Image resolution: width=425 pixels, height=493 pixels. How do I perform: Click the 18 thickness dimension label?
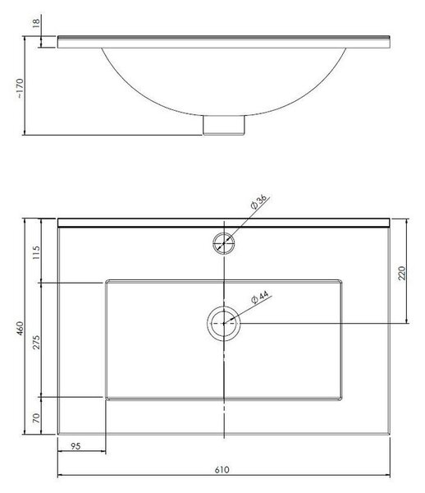tap(36, 22)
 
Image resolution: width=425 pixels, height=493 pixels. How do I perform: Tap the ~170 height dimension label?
tap(20, 88)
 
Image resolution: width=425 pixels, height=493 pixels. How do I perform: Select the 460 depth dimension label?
tap(20, 328)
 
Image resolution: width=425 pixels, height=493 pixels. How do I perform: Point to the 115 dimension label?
tap(36, 252)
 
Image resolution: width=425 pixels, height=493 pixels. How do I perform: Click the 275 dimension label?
tap(36, 342)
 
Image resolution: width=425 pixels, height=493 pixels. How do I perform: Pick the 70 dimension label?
tap(36, 417)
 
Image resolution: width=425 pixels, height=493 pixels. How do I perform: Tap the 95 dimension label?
tap(75, 446)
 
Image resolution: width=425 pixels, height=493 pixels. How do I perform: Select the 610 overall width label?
tap(222, 470)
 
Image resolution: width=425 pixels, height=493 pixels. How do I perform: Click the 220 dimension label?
tap(401, 273)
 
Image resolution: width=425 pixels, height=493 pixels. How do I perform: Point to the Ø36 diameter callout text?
tap(259, 201)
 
